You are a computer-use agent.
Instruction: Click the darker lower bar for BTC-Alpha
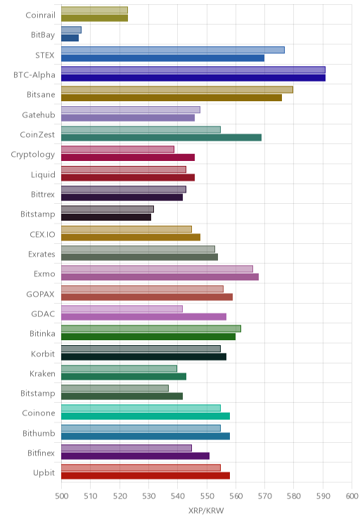tap(193, 78)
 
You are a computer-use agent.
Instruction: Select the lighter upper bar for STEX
tap(173, 50)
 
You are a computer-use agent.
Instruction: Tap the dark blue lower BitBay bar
tap(70, 38)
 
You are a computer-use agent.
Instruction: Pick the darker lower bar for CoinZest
tap(161, 137)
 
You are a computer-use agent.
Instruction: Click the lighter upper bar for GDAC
tap(122, 309)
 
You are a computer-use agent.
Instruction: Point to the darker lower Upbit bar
tap(146, 476)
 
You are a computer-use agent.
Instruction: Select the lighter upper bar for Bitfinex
tap(127, 448)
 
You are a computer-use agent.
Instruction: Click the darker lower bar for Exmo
tap(160, 277)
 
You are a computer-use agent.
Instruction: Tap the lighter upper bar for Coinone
tap(141, 408)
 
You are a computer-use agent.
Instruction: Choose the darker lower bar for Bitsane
tap(172, 98)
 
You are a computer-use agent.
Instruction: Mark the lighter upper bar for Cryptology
tap(118, 150)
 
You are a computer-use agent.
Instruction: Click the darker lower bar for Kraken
tap(124, 377)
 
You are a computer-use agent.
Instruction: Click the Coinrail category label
tap(40, 15)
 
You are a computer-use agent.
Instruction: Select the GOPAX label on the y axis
tap(40, 294)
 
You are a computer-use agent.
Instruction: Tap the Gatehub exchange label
tap(39, 115)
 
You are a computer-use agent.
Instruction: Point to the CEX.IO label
tap(42, 234)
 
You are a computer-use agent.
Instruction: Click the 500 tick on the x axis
tap(61, 496)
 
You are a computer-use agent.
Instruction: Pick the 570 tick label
tap(265, 496)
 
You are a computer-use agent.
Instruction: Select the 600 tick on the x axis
tap(352, 496)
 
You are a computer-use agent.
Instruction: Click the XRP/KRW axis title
tap(206, 510)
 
